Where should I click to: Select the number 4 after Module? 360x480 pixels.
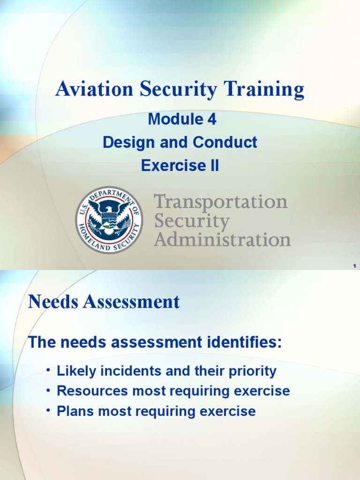click(211, 120)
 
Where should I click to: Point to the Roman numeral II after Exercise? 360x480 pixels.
click(214, 165)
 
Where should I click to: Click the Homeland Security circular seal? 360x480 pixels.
click(109, 220)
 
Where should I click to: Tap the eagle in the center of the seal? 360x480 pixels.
click(109, 216)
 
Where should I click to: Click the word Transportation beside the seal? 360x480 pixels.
click(221, 202)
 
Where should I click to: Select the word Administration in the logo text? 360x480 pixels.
click(223, 240)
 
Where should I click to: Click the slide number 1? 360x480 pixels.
click(355, 266)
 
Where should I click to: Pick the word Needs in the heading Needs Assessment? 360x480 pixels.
click(53, 302)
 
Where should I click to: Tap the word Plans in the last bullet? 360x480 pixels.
click(73, 411)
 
